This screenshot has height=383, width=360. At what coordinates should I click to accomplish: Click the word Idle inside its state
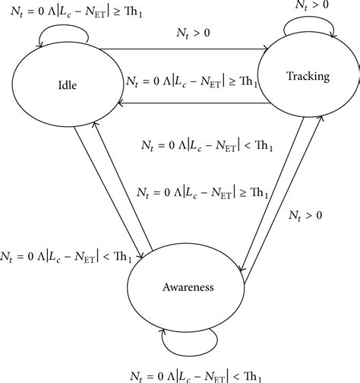click(x=68, y=85)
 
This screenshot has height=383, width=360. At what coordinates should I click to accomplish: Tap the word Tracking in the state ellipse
click(x=308, y=76)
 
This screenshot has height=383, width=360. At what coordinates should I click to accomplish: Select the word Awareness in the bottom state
click(x=188, y=287)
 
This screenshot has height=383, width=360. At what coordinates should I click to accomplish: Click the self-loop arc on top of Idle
click(x=63, y=25)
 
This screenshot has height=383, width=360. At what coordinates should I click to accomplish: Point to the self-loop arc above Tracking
click(x=309, y=17)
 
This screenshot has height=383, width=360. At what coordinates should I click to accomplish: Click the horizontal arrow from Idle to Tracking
click(x=184, y=49)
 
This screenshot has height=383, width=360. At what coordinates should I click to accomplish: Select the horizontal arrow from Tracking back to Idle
click(x=194, y=103)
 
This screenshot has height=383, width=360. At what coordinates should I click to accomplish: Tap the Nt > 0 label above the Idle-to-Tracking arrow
click(x=193, y=33)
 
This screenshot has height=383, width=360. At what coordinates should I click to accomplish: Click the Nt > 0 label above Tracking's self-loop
click(x=312, y=5)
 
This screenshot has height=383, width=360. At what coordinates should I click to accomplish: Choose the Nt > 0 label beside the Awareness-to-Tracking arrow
click(x=305, y=216)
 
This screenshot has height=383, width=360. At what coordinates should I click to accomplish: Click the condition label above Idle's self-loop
click(x=76, y=11)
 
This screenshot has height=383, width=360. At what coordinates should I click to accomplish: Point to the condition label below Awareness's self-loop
click(x=195, y=377)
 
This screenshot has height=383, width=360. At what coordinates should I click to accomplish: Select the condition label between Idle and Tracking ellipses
click(x=192, y=81)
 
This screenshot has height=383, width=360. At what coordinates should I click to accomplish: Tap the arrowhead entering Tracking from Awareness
click(x=321, y=118)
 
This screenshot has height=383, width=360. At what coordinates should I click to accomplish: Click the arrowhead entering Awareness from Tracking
click(x=242, y=268)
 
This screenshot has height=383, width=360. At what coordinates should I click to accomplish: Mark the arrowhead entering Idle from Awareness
click(x=95, y=124)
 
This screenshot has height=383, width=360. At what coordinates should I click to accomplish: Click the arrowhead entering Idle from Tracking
click(x=121, y=103)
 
